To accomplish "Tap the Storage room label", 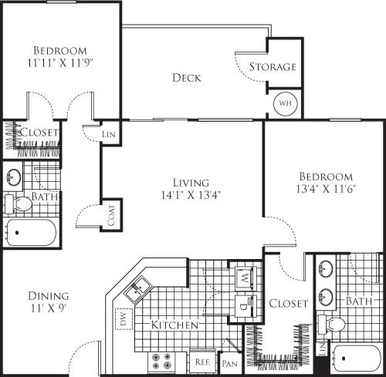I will point(272,67).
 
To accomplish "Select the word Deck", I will point(187,78).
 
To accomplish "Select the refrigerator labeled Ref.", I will point(202,361).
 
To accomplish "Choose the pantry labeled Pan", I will point(229,362).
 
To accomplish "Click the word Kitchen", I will point(174,325).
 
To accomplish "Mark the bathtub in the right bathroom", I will point(357,359).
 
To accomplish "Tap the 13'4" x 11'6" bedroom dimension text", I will point(324,190).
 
